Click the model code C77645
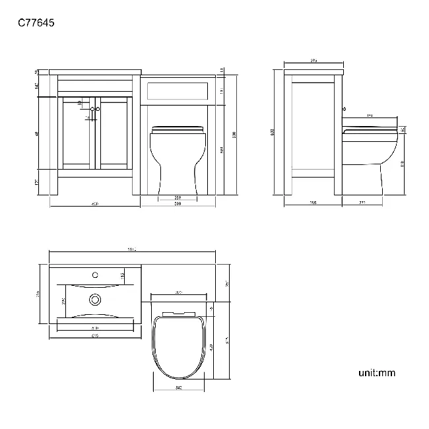click(36, 22)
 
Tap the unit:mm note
click(377, 373)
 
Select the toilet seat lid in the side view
click(370, 126)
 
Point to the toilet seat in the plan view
click(179, 346)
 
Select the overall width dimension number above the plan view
click(132, 249)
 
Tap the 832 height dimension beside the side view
click(273, 132)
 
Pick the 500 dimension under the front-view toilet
click(178, 204)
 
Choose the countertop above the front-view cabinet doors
click(96, 71)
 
